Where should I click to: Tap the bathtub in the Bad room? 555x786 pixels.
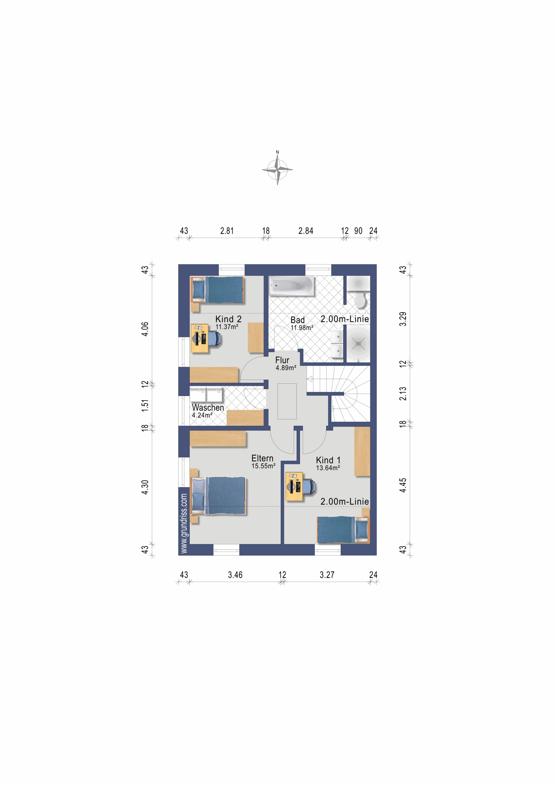291,286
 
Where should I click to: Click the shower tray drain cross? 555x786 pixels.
358,343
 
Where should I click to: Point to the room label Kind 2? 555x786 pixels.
228,319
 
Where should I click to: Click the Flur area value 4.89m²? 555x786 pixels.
286,368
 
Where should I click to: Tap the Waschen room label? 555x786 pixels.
208,408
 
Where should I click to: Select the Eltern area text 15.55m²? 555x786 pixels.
263,466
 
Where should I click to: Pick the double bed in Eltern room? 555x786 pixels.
219,495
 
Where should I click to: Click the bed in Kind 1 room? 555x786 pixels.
343,530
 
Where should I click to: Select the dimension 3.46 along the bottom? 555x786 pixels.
235,575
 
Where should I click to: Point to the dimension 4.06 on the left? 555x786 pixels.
145,329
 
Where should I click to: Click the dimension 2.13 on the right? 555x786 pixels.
403,393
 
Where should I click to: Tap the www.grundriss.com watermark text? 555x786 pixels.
184,523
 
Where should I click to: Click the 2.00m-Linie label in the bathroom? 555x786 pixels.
345,319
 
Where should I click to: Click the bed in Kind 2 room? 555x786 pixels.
217,290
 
